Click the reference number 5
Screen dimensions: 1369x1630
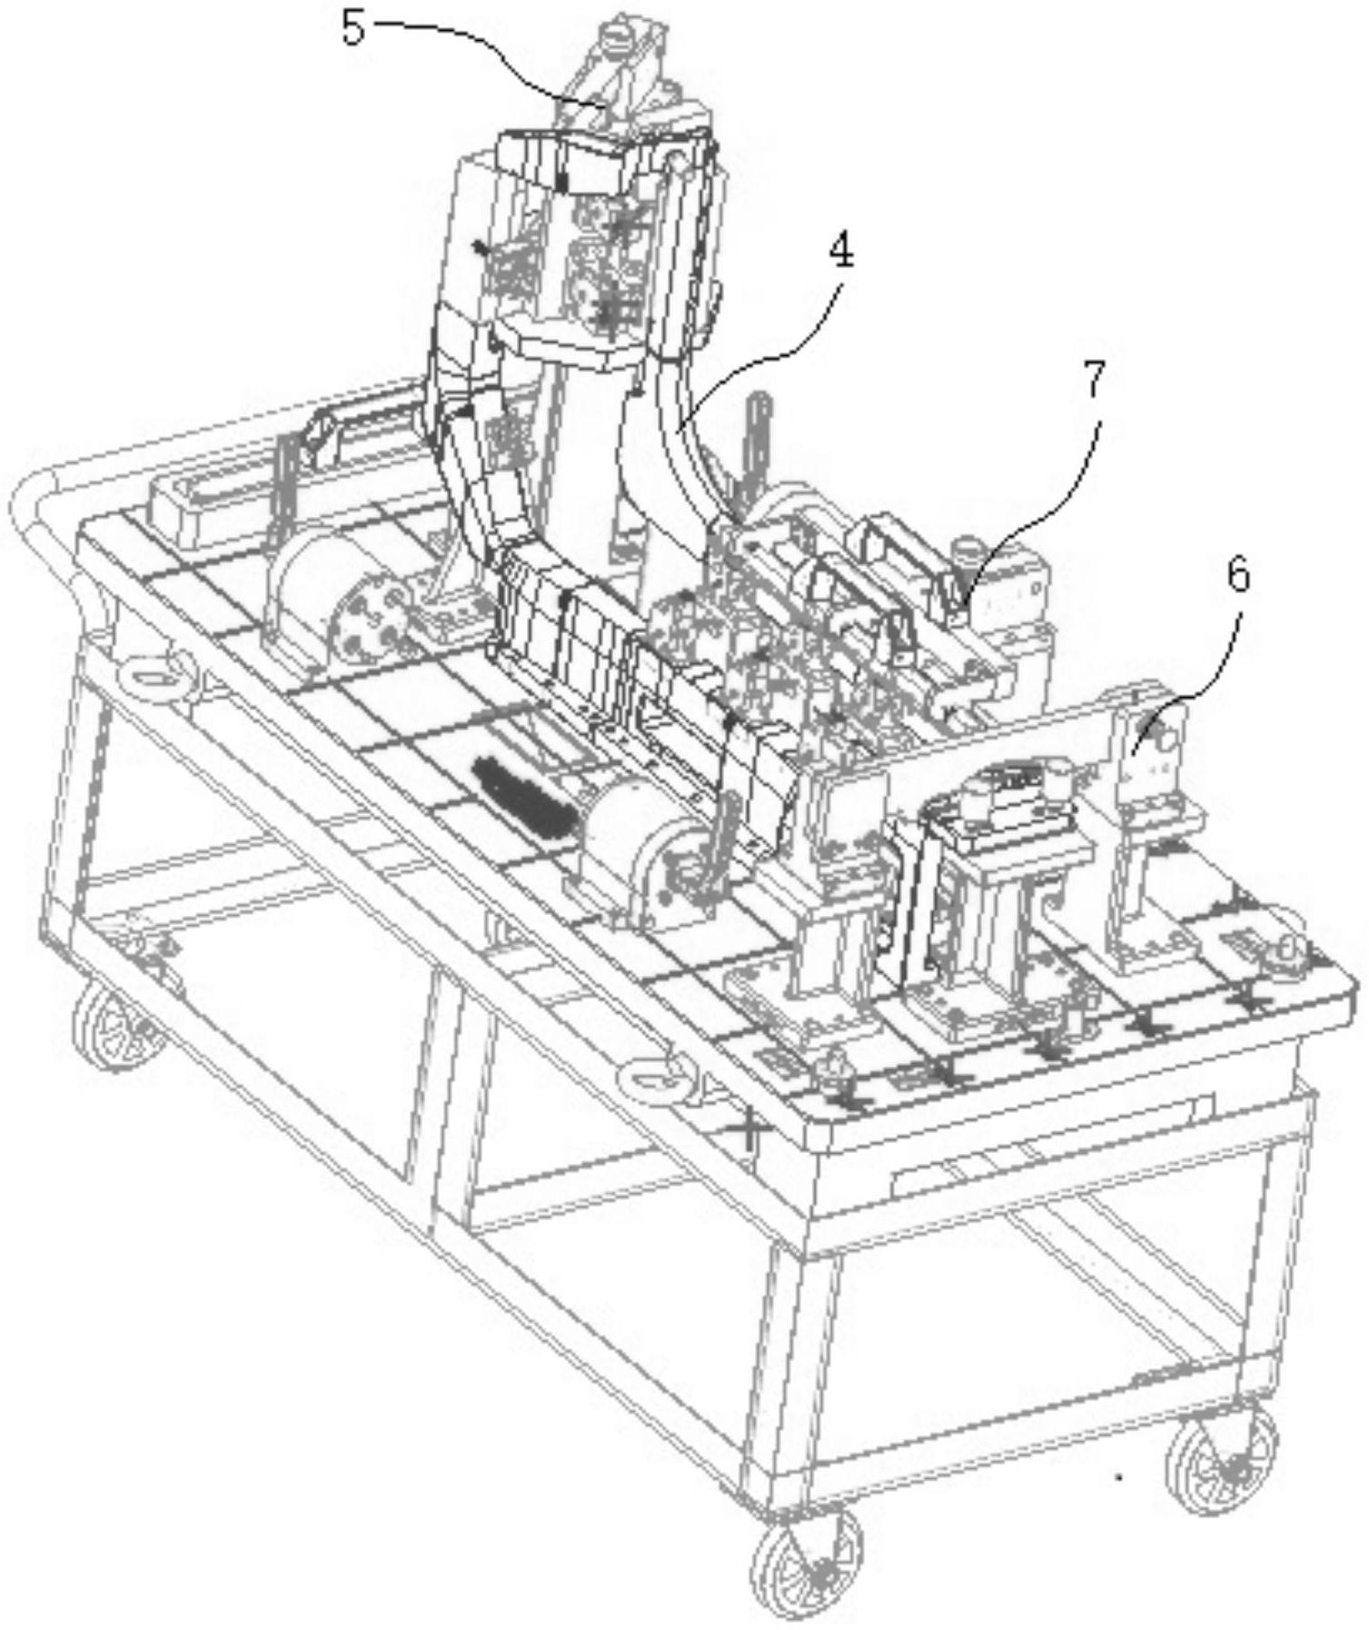click(353, 28)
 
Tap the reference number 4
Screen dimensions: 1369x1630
click(842, 252)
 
